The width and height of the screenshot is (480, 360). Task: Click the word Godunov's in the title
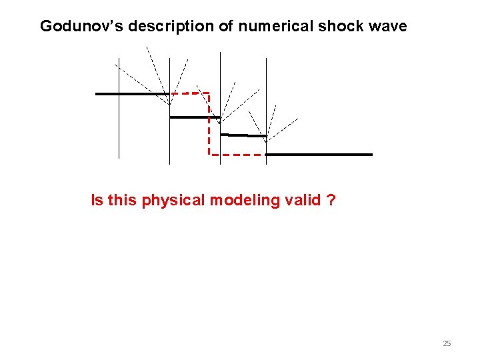pos(81,26)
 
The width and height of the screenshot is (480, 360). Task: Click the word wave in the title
pos(385,26)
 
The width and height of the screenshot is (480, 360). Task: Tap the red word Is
pos(97,200)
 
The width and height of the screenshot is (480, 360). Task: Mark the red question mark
pos(331,200)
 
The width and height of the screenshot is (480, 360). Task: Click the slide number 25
pos(447,344)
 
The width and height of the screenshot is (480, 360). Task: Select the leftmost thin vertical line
pos(119,127)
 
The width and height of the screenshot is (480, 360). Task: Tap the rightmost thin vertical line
pos(266,80)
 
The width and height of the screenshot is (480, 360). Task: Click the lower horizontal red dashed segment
pos(237,155)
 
